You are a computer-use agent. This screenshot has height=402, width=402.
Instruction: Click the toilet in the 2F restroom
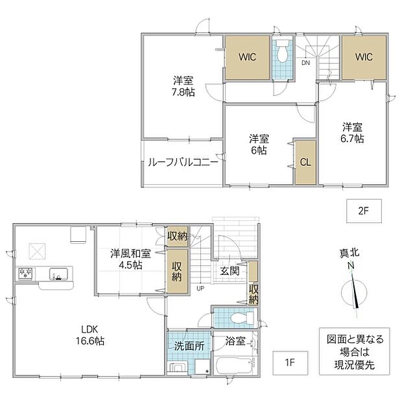click(x=282, y=51)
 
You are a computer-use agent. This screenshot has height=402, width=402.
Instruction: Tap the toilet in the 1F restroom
click(x=242, y=318)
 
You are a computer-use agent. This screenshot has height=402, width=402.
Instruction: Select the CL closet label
click(x=305, y=162)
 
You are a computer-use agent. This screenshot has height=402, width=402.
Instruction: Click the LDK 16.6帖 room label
click(x=89, y=335)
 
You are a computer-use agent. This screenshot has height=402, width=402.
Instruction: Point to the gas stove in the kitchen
click(x=25, y=273)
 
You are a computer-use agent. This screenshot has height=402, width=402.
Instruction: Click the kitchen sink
click(x=58, y=274)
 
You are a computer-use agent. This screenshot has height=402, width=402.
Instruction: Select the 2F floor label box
click(x=364, y=211)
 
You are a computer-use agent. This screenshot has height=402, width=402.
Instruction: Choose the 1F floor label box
click(x=290, y=363)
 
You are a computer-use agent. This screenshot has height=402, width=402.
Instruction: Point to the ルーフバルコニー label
click(x=183, y=162)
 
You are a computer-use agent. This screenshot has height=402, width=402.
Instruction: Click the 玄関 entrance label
click(x=230, y=271)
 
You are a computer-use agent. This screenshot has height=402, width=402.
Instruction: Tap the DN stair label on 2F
click(x=305, y=63)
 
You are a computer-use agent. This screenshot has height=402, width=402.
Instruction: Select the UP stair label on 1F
click(x=200, y=289)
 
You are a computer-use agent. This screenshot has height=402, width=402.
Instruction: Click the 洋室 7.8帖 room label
click(x=183, y=86)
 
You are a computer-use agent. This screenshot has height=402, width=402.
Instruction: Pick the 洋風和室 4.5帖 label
click(x=131, y=259)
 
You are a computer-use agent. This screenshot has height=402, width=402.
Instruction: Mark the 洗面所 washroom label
click(x=189, y=346)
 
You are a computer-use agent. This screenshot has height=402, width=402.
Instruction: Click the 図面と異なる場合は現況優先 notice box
click(x=354, y=351)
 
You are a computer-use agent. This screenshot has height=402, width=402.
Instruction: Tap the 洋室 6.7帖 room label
click(x=352, y=133)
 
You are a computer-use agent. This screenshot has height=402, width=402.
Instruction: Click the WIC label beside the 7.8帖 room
click(x=248, y=56)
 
